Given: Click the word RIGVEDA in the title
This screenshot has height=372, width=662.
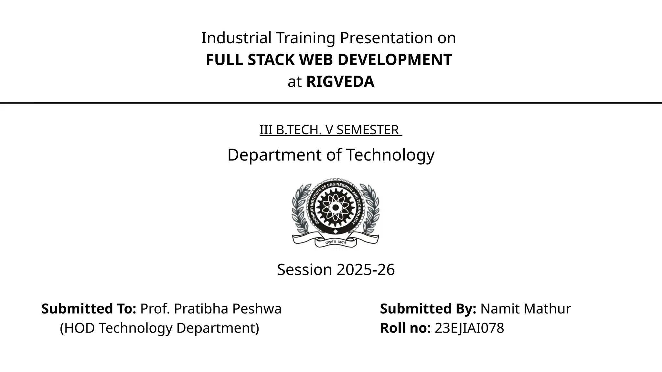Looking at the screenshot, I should pos(340,82).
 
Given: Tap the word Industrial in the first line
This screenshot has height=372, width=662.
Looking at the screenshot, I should pos(236,38).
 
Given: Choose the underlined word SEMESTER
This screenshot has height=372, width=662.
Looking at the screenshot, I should pos(368,130).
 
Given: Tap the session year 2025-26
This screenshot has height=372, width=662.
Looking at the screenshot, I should pos(365,270).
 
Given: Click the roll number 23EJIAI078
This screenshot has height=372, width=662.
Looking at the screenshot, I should pos(469,328).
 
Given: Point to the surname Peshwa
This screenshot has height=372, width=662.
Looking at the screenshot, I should pos(257,309).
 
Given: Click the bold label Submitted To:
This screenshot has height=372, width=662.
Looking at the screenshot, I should pos(89,309).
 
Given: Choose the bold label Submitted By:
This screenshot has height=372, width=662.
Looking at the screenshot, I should pos(428,309).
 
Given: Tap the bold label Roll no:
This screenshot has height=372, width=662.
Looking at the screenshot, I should pos(405,328).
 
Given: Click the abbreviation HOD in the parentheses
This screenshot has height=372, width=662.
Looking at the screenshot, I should pos(77,328).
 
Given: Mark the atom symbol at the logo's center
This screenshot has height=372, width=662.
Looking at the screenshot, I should pos(336,207).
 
